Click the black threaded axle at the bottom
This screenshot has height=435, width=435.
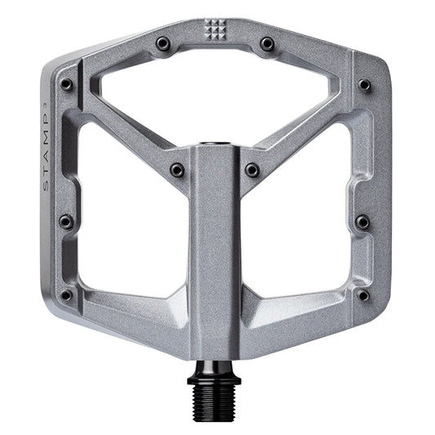click(x=216, y=401)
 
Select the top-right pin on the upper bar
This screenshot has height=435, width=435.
click(x=267, y=42)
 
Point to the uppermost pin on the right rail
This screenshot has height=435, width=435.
click(x=364, y=85)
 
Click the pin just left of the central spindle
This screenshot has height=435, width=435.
click(x=177, y=170)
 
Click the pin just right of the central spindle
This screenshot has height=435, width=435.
click(x=253, y=170)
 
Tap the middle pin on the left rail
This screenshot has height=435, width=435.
click(x=66, y=221)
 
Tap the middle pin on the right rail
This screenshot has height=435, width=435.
click(x=362, y=222)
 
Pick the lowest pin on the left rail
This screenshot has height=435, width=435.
click(x=66, y=295)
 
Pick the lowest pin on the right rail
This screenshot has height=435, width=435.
click(x=363, y=295)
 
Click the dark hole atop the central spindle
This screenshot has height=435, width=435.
click(x=216, y=144)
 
